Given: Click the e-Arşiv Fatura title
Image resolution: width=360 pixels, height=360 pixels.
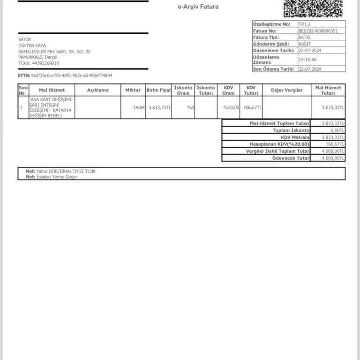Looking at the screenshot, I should coord(198,7).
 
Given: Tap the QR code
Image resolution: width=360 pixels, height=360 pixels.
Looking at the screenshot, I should coord(313,8).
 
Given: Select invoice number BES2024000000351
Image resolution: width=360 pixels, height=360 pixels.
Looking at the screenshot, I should coord(318,30).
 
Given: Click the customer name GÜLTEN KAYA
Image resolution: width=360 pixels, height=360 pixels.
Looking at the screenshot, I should coord(32,45).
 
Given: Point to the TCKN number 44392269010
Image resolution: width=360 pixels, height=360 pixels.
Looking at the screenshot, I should coord(45,63).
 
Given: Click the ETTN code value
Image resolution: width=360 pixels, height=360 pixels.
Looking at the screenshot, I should coord(71,75).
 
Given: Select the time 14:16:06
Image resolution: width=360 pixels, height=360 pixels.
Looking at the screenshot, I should coord(307,60).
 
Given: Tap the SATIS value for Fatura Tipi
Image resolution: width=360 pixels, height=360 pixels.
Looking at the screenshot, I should coord(304,37).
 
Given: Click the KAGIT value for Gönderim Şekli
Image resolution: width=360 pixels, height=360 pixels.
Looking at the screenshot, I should coord(305,44).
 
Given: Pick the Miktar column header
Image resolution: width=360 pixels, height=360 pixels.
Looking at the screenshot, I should coord(133,90).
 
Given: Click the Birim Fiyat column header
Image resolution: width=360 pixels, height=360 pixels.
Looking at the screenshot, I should coord(158,90).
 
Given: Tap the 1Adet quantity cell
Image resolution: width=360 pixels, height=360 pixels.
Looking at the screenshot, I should coord(139,107).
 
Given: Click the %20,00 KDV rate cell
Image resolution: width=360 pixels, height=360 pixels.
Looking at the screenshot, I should coord(231,107).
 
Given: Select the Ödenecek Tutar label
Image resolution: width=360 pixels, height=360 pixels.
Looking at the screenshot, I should coord(291,158).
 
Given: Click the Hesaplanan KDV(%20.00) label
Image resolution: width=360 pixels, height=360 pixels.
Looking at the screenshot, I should coord(279,144).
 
